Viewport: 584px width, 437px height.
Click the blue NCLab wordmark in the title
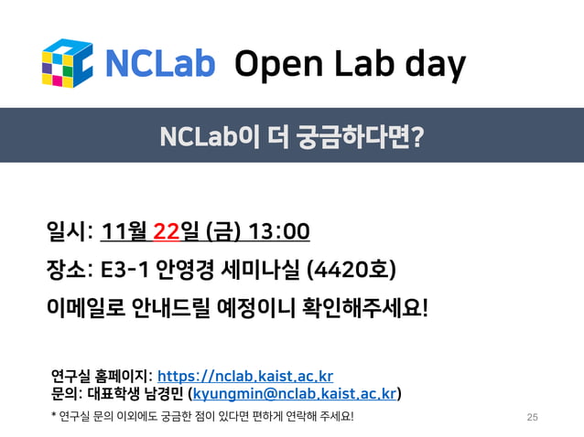(160, 64)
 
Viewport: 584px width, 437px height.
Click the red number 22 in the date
(166, 232)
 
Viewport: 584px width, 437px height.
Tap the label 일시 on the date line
(65, 232)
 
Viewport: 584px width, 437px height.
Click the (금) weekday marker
(223, 232)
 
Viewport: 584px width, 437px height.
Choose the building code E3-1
(124, 271)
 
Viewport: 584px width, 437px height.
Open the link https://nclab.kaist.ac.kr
(245, 377)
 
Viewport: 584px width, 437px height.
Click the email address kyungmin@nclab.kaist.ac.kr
(295, 394)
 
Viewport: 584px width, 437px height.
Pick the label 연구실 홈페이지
(101, 377)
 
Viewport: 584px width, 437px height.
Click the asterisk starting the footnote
(54, 417)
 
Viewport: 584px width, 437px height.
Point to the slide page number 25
(533, 417)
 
